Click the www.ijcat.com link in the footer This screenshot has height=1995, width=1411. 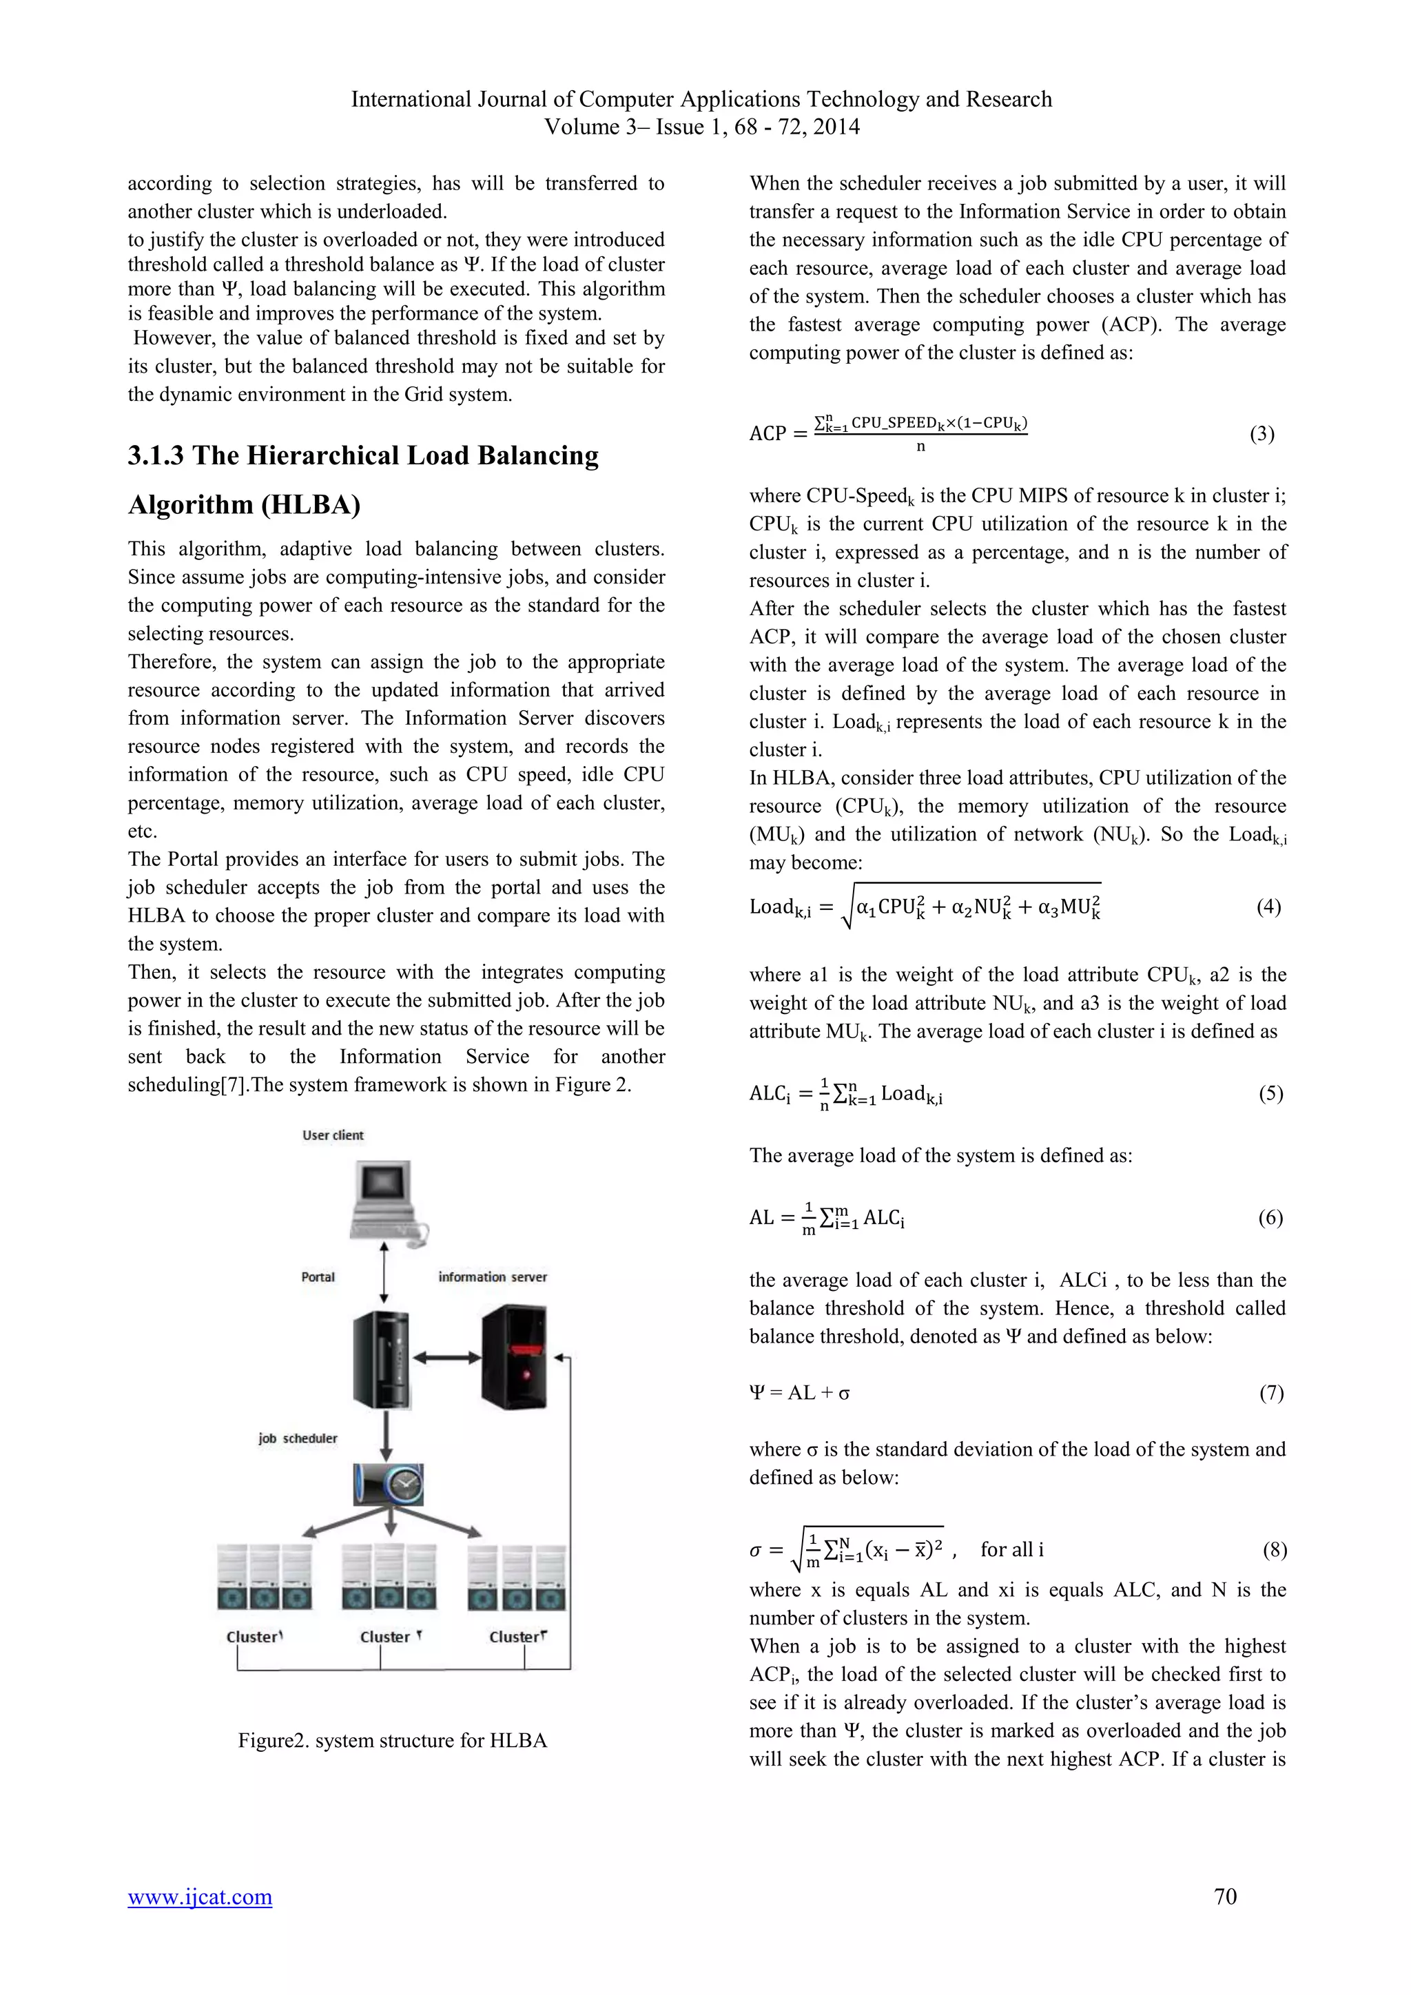200,1896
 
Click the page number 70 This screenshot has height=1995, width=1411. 1225,1896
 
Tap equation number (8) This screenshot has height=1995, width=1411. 1274,1549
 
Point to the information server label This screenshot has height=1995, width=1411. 493,1276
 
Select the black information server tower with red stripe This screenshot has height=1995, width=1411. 515,1357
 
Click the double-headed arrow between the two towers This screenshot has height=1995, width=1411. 446,1357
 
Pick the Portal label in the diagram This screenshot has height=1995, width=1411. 318,1276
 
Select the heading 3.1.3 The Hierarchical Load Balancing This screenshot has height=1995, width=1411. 363,455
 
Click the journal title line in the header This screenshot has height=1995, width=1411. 701,99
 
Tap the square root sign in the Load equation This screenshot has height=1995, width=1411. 847,908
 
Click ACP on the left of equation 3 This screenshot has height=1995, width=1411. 768,433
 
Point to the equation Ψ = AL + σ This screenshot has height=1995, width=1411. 799,1393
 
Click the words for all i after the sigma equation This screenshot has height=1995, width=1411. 1011,1549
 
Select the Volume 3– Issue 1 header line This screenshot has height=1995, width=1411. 701,127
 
